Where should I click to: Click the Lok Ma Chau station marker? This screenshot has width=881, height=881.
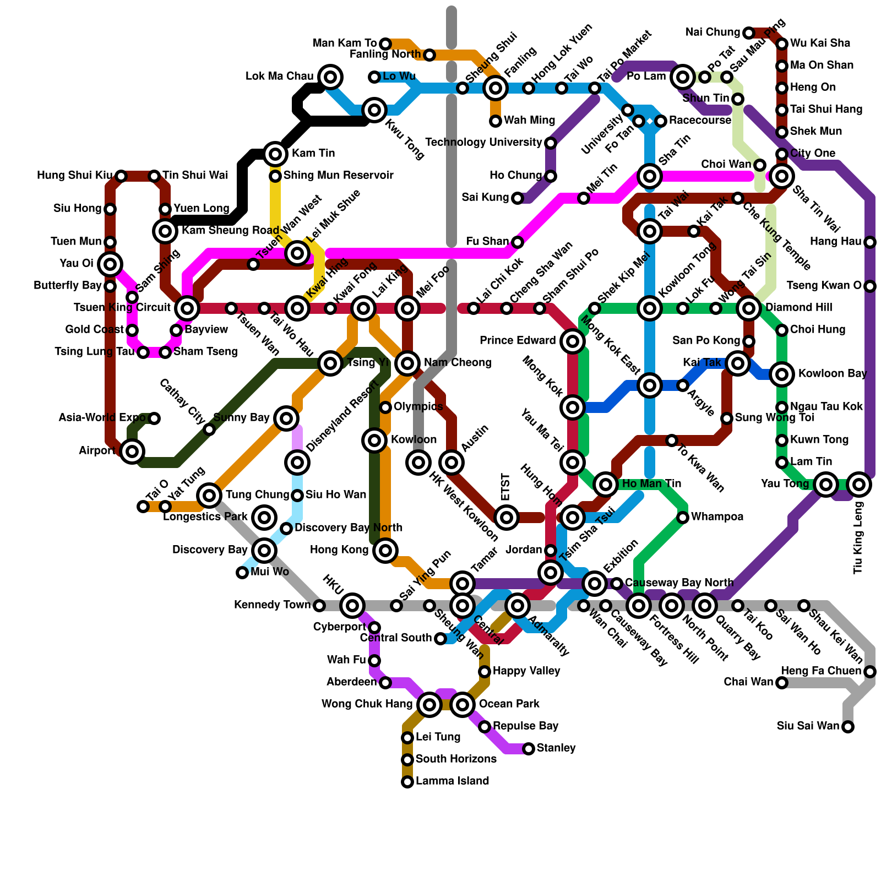point(330,77)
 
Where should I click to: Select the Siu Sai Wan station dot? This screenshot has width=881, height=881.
point(848,727)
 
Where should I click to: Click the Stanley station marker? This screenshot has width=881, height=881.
point(529,749)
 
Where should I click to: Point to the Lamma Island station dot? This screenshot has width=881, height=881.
point(407,782)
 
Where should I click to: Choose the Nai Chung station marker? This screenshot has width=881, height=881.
point(749,33)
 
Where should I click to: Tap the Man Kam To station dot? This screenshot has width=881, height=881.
point(385,44)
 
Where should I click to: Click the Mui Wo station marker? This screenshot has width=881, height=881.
point(242,573)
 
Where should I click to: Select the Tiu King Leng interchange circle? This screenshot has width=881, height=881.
point(859,485)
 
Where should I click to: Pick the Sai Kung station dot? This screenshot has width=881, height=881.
point(518,198)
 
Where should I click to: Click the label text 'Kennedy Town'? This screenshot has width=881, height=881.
point(272,605)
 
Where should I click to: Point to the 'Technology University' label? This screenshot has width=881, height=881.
point(483,143)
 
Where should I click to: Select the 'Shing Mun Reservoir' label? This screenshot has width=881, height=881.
point(338,176)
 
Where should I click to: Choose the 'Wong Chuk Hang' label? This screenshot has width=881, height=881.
point(367,704)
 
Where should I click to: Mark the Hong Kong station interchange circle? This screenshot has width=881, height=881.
point(385,551)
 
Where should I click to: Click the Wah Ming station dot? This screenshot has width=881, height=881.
point(496,121)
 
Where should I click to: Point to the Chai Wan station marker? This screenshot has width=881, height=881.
point(782,683)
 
